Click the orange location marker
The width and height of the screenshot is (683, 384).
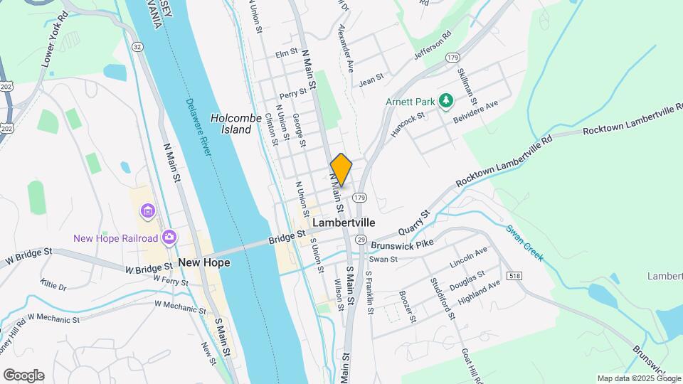pos(341,169)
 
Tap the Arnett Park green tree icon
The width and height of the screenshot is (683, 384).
pos(446,101)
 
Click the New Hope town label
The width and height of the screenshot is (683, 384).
pos(204,262)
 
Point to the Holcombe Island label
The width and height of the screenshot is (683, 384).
pos(231,124)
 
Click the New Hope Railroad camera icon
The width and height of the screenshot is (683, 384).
pos(169,237)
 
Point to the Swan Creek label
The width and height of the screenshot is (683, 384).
pos(524,242)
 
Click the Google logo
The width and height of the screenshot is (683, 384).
pos(23,375)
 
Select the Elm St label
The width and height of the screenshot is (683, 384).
pos(285,53)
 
